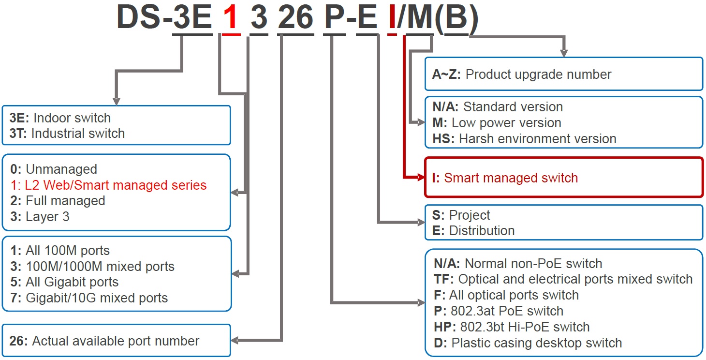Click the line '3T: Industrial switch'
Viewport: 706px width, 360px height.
(67, 134)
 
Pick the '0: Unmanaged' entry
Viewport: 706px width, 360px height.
(54, 169)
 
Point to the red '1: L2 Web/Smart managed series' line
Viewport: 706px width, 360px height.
(108, 185)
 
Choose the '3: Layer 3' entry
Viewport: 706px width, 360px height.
(40, 216)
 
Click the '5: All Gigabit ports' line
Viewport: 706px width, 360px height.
(64, 282)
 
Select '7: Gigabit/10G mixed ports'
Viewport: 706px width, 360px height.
(88, 298)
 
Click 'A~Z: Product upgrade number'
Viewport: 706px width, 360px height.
(522, 75)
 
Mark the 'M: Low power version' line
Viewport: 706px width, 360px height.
(497, 123)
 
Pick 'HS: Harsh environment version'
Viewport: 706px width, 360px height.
(524, 139)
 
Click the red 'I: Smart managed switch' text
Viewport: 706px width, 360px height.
(505, 178)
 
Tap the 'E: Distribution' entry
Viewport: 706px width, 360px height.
(473, 231)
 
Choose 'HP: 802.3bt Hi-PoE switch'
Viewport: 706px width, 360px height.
(511, 327)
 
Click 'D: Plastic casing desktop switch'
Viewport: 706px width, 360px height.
(527, 343)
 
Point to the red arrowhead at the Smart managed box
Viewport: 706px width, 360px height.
(420, 178)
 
